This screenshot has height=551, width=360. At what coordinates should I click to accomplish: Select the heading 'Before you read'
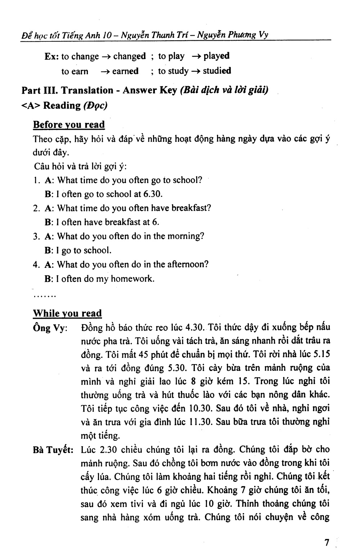point(69,125)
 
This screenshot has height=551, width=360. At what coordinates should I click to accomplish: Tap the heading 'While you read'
point(67,313)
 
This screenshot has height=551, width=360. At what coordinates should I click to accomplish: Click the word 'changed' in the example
point(130,56)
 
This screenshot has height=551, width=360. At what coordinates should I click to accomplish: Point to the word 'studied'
point(217,71)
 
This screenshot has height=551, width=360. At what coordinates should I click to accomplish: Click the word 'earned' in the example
point(125,71)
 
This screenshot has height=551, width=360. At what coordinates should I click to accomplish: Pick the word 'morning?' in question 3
point(187,236)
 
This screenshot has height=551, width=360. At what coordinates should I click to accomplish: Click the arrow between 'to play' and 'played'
point(196,56)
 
